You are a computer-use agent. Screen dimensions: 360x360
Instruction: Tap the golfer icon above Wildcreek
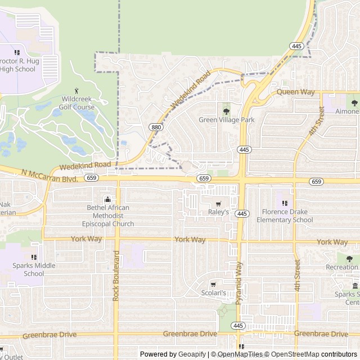[x=77, y=91]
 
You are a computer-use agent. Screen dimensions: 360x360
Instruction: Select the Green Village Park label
[x=227, y=120]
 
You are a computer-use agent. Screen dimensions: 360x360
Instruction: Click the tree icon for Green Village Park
[x=226, y=111]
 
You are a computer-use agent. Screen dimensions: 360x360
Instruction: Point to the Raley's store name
[x=219, y=212]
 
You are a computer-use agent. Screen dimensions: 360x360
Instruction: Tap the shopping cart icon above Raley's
[x=218, y=204]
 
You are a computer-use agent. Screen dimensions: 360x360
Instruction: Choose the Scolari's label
[x=214, y=293]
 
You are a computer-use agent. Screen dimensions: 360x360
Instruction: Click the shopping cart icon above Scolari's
[x=213, y=285]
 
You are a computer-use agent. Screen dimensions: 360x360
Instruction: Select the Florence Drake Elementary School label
[x=285, y=216]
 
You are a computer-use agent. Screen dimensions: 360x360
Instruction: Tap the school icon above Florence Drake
[x=285, y=203]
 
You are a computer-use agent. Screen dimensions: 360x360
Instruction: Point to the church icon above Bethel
[x=107, y=199]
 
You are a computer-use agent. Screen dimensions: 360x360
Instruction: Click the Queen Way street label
[x=295, y=92]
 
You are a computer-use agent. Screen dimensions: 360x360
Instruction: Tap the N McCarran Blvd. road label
[x=49, y=175]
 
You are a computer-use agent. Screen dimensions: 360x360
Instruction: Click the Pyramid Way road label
[x=239, y=283]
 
